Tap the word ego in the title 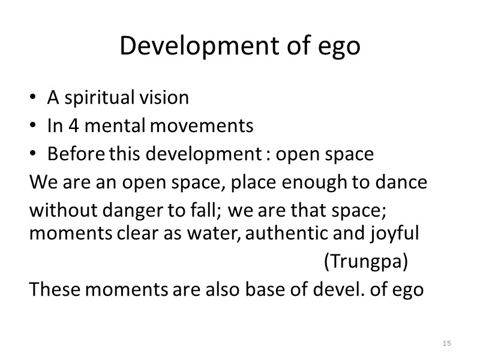click(x=340, y=47)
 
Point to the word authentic click(x=284, y=233)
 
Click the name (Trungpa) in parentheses click(x=366, y=262)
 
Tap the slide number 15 click(x=446, y=343)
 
